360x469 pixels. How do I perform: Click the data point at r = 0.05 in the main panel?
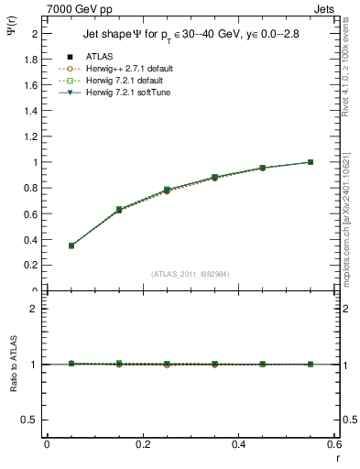71,245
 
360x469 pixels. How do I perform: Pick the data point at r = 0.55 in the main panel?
311,162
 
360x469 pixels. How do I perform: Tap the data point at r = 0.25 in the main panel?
167,190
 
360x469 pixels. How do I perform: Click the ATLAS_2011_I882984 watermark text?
191,273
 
